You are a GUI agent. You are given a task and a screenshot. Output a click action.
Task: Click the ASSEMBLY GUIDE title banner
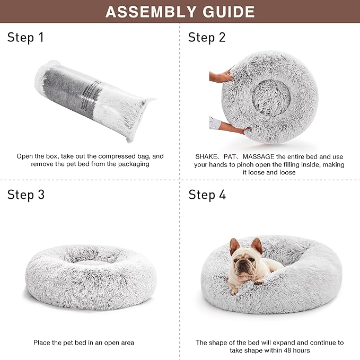180,12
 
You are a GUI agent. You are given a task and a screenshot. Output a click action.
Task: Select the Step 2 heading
207,37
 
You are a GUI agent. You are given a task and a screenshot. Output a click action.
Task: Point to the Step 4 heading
207,195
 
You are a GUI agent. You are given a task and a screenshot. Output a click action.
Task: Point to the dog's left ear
234,245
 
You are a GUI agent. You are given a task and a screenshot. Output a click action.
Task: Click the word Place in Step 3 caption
42,343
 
